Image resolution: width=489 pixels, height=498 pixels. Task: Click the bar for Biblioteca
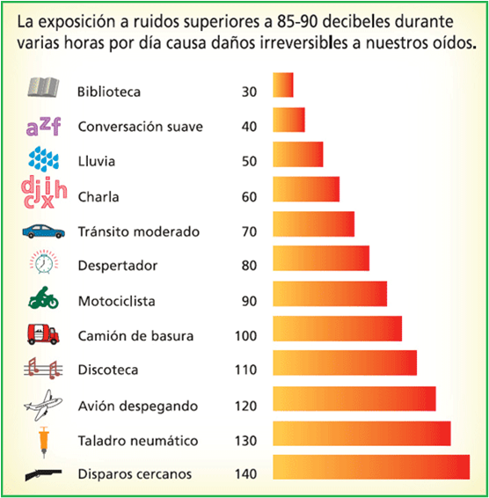point(283,85)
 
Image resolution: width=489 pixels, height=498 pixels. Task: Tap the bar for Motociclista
point(330,294)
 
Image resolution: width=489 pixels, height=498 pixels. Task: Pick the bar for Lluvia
point(298,154)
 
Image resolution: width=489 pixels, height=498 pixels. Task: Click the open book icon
point(41,87)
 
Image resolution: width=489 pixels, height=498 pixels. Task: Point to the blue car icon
point(42,231)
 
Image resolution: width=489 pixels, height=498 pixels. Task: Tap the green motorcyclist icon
point(42,299)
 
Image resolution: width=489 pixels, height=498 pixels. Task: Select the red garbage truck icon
point(42,334)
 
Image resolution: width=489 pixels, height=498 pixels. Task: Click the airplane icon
point(42,404)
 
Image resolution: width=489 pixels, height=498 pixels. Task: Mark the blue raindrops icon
point(42,158)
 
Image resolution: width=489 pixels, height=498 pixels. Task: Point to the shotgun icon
point(42,473)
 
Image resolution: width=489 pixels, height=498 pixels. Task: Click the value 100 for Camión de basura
point(245,335)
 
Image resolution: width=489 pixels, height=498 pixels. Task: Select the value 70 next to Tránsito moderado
point(249,231)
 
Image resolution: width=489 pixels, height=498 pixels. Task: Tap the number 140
point(245,474)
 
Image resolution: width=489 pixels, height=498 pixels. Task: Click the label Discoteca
point(108,370)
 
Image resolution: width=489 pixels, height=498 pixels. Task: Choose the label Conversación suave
point(141,126)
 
